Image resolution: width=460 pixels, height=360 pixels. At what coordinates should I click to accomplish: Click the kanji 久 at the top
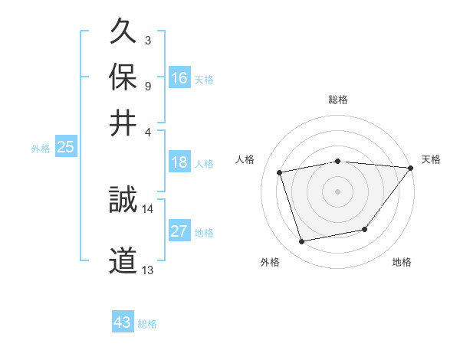tap(123, 33)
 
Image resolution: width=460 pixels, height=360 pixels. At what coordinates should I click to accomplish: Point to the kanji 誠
tap(123, 201)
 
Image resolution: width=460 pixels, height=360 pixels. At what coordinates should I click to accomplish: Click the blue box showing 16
tap(179, 78)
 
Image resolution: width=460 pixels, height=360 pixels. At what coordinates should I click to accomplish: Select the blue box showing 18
tap(179, 162)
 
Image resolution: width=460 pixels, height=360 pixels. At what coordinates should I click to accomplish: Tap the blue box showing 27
tap(179, 231)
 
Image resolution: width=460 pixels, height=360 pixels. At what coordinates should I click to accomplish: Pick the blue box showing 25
tap(66, 147)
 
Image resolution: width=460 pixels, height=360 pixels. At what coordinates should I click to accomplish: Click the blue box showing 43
tap(123, 322)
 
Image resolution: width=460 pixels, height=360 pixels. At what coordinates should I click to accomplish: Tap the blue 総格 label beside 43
tap(147, 324)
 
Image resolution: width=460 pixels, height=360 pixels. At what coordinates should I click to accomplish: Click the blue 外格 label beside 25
tap(41, 149)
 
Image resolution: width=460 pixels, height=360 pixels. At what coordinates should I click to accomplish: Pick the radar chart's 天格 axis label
tap(431, 159)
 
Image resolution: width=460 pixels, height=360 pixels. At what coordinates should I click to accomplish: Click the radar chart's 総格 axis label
tap(337, 100)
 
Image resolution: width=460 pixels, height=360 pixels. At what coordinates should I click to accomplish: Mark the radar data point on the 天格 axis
tap(411, 168)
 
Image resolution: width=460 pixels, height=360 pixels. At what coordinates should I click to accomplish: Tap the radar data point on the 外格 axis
tap(302, 242)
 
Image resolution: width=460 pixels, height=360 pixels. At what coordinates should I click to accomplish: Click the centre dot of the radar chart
tap(337, 191)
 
